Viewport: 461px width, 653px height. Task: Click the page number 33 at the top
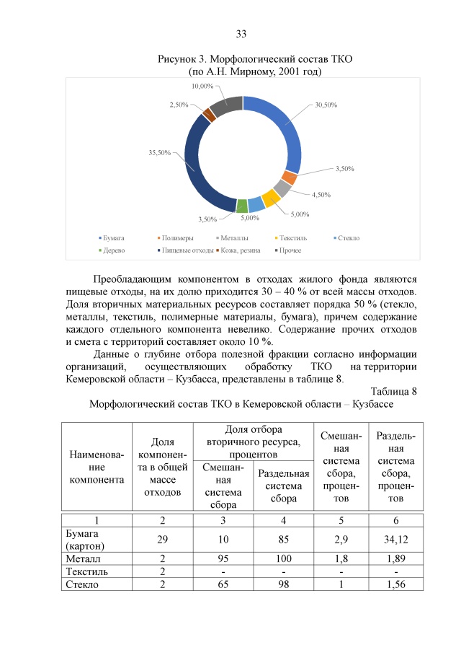click(241, 34)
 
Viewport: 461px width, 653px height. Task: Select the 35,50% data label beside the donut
click(159, 152)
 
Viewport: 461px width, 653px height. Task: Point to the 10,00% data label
click(202, 86)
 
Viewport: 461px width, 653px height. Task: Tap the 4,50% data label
click(321, 194)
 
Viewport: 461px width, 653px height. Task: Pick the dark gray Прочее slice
click(225, 107)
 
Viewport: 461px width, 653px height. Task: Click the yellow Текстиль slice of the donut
click(270, 198)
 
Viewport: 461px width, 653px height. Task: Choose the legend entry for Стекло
click(346, 237)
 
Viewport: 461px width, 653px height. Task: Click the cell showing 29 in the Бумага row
click(163, 539)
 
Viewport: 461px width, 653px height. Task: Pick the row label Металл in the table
click(81, 558)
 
